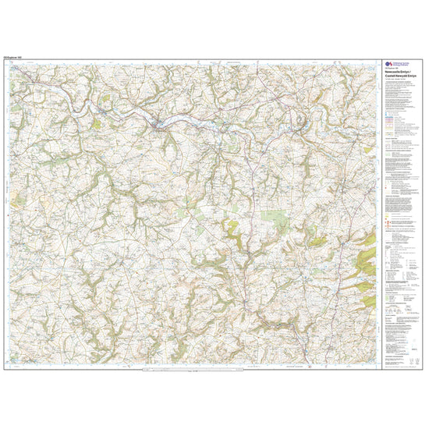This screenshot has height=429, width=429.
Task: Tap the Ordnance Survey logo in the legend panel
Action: [387, 64]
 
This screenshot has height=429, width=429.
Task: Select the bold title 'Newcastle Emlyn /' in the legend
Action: [397, 74]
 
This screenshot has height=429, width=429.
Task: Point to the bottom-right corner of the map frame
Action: [378, 368]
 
